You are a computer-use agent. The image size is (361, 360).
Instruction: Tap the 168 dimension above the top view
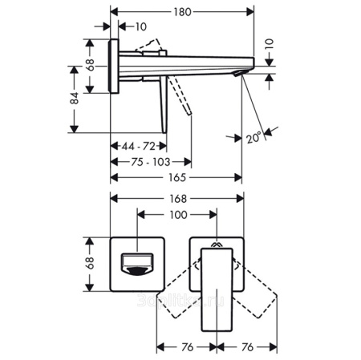point(177,199)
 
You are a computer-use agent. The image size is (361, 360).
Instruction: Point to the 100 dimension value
point(177,214)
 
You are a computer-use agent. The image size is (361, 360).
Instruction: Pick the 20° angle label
point(254,138)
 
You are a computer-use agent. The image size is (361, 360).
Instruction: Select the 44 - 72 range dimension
point(139,146)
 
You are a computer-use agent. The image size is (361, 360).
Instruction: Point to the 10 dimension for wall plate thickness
point(141,26)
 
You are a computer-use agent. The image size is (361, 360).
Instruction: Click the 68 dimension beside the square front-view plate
point(90,263)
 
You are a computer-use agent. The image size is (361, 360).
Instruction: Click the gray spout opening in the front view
point(136,263)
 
